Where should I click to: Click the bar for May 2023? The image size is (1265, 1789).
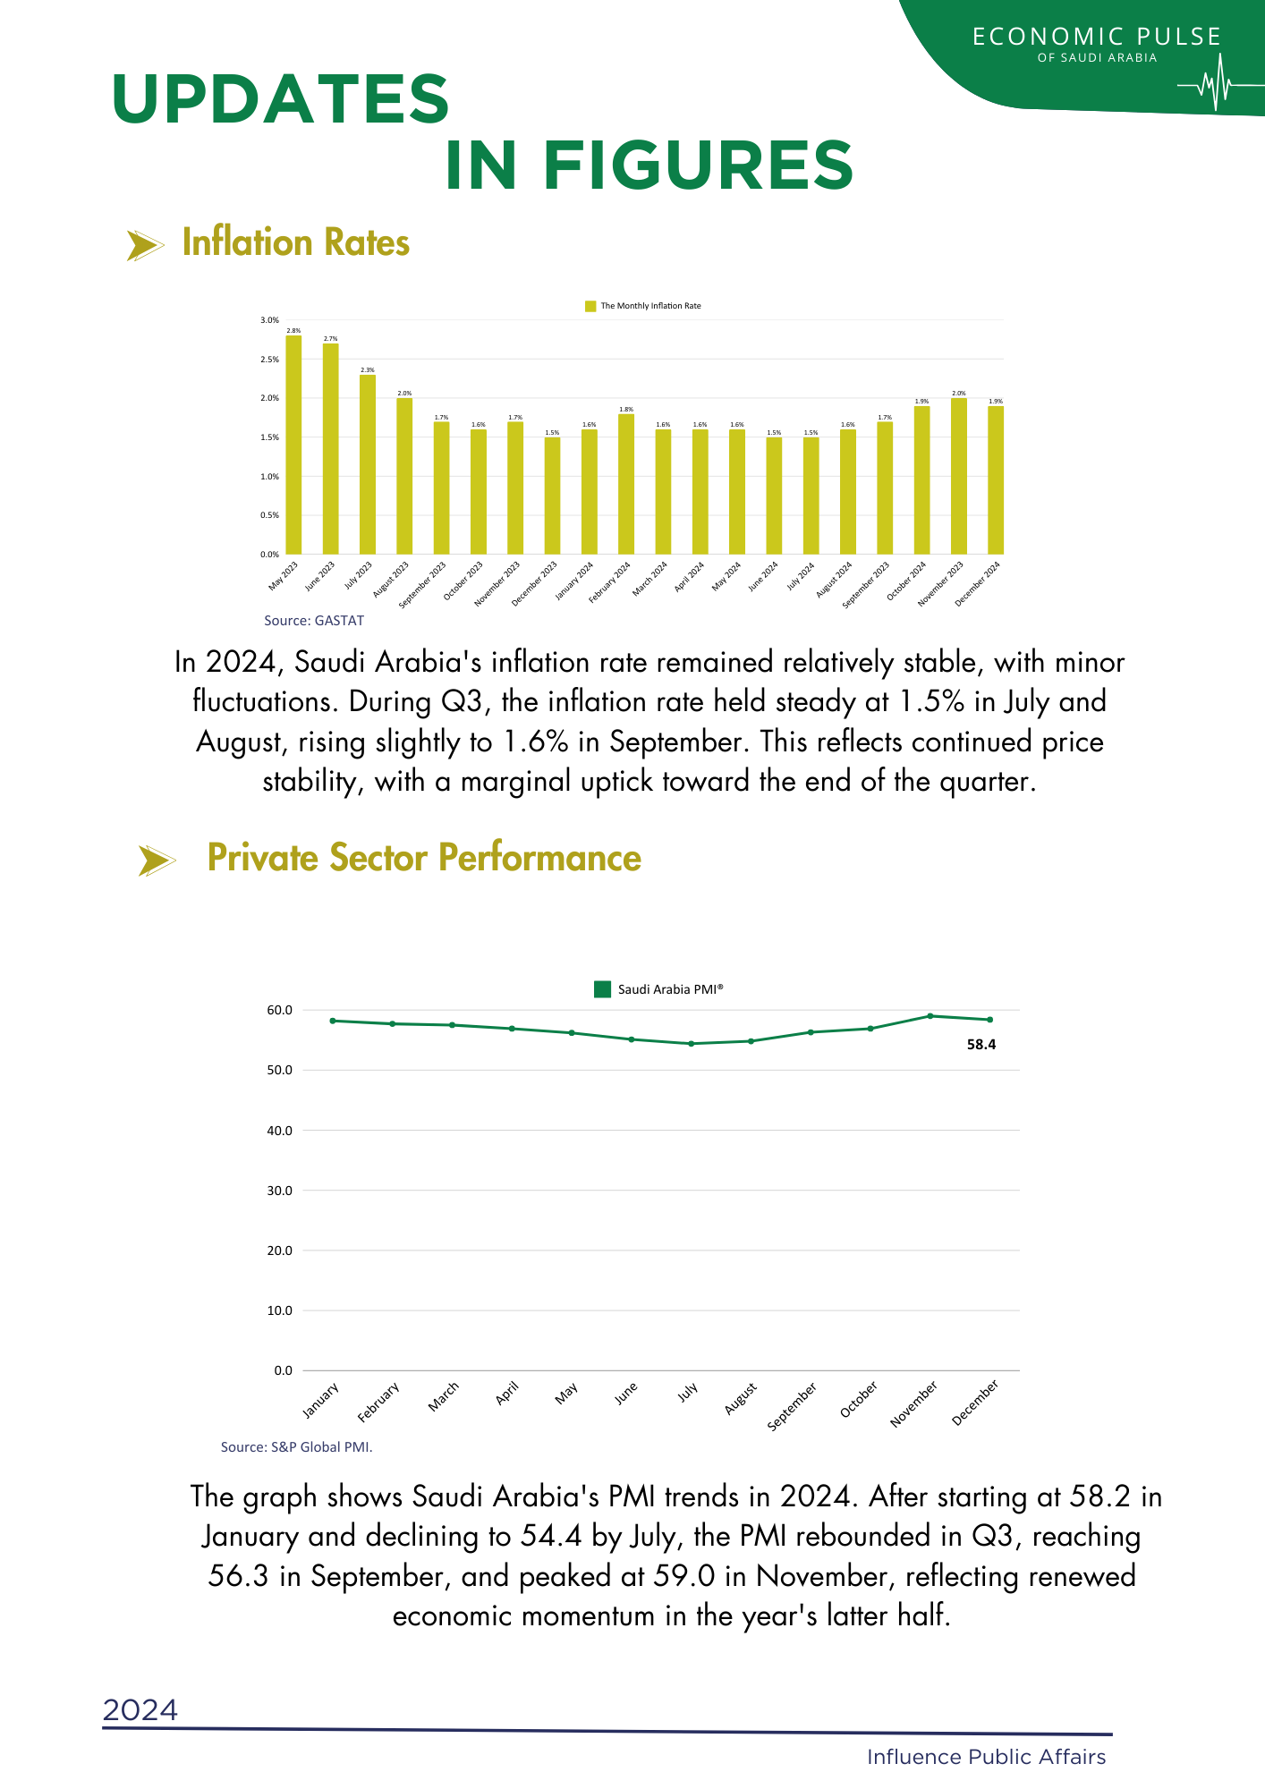pyautogui.click(x=293, y=445)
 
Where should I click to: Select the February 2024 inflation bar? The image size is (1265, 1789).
pyautogui.click(x=626, y=484)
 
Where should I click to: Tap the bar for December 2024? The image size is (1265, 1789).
pyautogui.click(x=996, y=480)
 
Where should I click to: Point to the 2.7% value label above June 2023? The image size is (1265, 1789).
pyautogui.click(x=330, y=339)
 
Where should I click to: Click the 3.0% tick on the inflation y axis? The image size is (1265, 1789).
pyautogui.click(x=269, y=320)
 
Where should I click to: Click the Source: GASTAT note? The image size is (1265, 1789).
pyautogui.click(x=314, y=621)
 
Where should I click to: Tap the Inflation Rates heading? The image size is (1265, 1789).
pyautogui.click(x=295, y=243)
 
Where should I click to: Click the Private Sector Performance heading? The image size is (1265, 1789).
pyautogui.click(x=424, y=858)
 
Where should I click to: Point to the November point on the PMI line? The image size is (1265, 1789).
pyautogui.click(x=930, y=1016)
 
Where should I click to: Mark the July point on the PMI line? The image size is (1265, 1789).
pyautogui.click(x=691, y=1044)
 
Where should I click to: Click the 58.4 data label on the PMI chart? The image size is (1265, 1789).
pyautogui.click(x=981, y=1045)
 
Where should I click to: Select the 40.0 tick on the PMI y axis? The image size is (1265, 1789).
pyautogui.click(x=280, y=1131)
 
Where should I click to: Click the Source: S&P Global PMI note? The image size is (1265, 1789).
pyautogui.click(x=296, y=1447)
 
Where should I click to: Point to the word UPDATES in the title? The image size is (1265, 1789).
pyautogui.click(x=281, y=98)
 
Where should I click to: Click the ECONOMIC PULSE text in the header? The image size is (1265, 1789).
pyautogui.click(x=1097, y=37)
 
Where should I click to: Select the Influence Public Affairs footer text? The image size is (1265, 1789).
pyautogui.click(x=986, y=1757)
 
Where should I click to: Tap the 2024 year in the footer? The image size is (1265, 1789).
pyautogui.click(x=140, y=1710)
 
